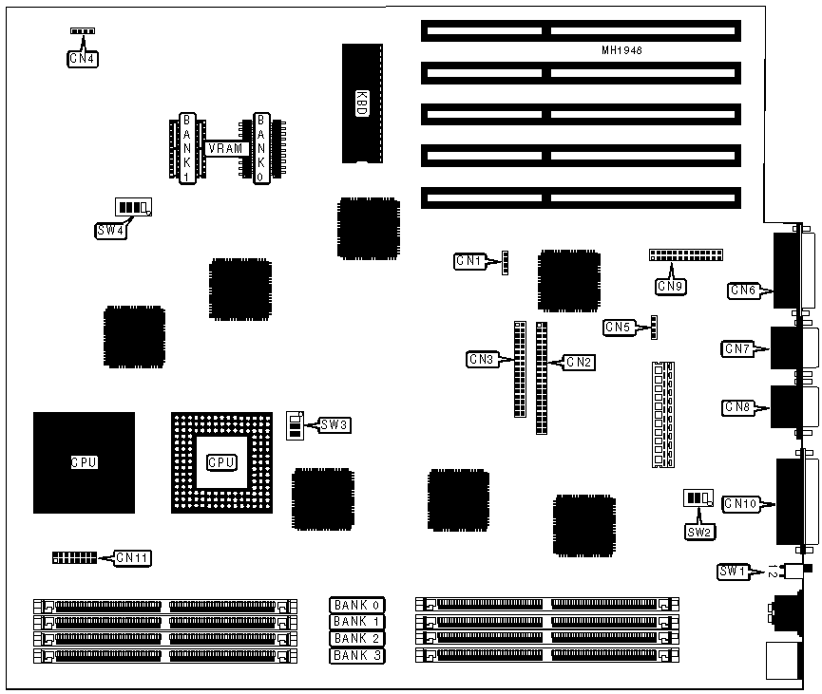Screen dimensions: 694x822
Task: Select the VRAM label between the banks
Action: tap(228, 148)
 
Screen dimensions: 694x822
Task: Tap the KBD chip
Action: tap(361, 103)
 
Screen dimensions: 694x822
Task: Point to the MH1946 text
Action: tap(621, 50)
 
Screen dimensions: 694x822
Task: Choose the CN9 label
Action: tap(669, 284)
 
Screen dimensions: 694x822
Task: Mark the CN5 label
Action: tap(618, 328)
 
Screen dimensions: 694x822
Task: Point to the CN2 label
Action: tap(579, 361)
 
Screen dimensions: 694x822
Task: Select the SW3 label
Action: tap(335, 425)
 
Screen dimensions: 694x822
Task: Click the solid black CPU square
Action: tap(84, 462)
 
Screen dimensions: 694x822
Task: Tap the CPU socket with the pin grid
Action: tap(221, 461)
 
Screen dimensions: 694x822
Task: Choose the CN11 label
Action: tap(133, 558)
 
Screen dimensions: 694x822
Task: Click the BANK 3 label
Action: tap(357, 655)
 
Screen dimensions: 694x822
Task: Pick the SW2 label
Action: tap(698, 532)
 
